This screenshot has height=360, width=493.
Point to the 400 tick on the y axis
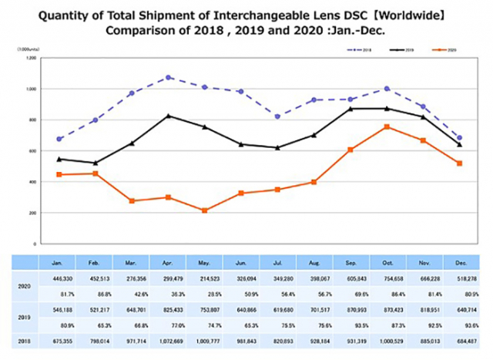[x=31, y=182]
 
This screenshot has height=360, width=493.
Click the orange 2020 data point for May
[x=204, y=210]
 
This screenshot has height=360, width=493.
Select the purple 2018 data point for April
[x=168, y=77]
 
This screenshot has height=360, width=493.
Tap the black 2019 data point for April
[x=168, y=116]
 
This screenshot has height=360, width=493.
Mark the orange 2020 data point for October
[x=387, y=126]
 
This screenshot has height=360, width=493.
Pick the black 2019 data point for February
[x=95, y=163]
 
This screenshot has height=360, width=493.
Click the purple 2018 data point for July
[x=277, y=116]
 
